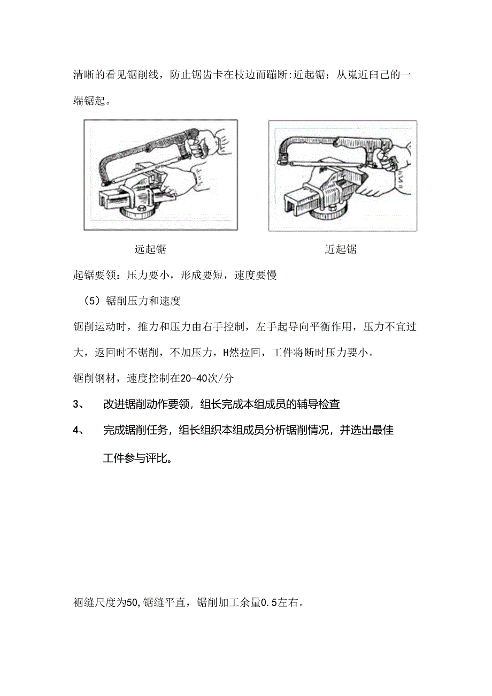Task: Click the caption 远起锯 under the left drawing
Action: (x=150, y=249)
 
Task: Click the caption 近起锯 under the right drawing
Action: (x=341, y=249)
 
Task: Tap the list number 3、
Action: (x=78, y=404)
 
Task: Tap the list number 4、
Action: (x=78, y=431)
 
